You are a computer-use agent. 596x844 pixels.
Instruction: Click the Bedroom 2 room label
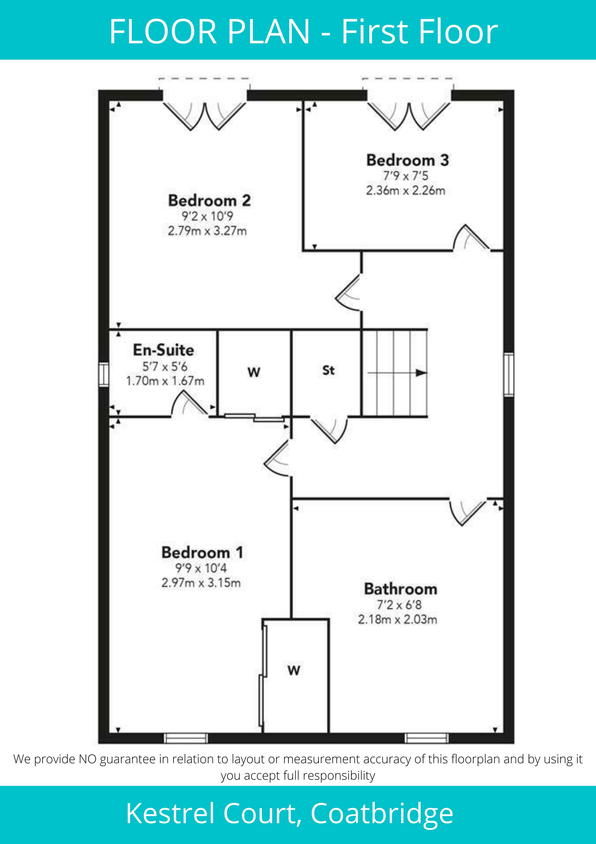[209, 201]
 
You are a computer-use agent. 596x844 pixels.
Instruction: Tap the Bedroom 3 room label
[408, 160]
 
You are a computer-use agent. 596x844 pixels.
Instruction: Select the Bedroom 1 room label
[202, 553]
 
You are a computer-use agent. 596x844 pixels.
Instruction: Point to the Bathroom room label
[401, 589]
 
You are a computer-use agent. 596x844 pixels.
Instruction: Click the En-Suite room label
[163, 350]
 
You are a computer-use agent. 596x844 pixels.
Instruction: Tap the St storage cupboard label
[328, 370]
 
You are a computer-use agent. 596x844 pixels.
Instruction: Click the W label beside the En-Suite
[254, 372]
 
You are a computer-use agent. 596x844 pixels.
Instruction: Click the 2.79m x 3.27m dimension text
[207, 231]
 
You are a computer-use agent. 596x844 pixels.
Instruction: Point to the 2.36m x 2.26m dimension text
[405, 191]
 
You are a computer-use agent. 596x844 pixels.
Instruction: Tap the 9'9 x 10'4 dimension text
[201, 568]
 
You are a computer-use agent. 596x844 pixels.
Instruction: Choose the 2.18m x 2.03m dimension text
[398, 619]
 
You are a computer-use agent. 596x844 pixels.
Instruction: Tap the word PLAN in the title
[269, 32]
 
